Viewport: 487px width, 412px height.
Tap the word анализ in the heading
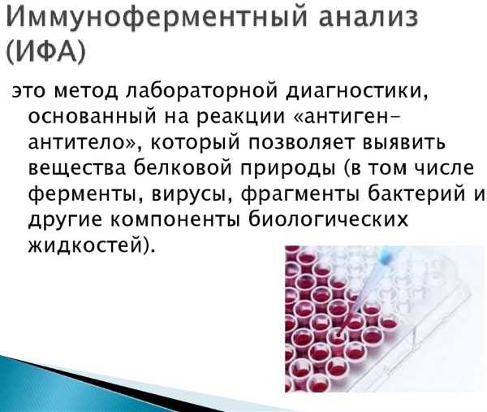tap(368, 17)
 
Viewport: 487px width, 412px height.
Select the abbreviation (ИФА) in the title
tap(45, 52)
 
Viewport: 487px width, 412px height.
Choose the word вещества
tap(77, 169)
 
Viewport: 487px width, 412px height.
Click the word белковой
tap(183, 167)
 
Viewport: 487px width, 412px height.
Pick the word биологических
tap(329, 219)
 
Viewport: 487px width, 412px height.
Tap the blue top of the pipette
tap(387, 256)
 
